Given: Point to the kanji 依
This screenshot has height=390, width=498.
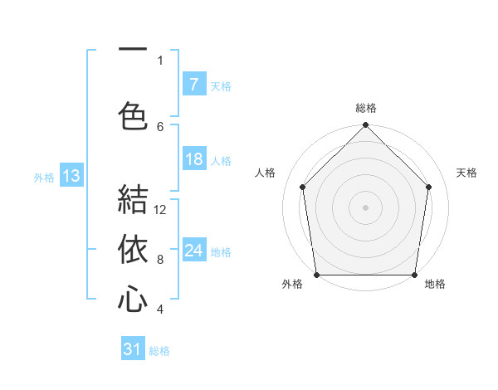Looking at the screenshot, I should click(133, 250).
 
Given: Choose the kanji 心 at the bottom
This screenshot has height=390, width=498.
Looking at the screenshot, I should click(133, 300).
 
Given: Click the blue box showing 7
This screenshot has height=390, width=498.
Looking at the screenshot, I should click(193, 85).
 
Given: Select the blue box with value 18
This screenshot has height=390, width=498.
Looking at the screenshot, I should click(193, 160).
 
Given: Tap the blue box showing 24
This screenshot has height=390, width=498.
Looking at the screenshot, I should click(193, 251).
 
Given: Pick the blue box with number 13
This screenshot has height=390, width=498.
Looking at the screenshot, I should click(71, 176).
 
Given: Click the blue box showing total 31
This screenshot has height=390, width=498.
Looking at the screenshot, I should click(133, 349).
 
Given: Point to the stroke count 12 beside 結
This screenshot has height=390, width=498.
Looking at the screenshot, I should click(160, 210).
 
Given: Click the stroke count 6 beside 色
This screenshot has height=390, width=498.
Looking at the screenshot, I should click(160, 126).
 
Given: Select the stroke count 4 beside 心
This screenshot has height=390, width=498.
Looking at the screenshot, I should click(160, 310).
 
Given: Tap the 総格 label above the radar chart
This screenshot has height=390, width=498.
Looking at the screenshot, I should click(365, 108).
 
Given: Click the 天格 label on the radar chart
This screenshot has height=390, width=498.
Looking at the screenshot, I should click(467, 173).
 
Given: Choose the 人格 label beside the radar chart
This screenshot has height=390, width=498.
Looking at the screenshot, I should click(266, 173).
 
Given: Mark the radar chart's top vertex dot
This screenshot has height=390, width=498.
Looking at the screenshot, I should click(365, 126).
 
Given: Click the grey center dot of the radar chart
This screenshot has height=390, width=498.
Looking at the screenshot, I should click(365, 207).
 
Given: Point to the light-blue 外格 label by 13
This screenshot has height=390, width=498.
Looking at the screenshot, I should click(43, 177).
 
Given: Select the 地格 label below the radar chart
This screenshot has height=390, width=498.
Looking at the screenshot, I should click(435, 284).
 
